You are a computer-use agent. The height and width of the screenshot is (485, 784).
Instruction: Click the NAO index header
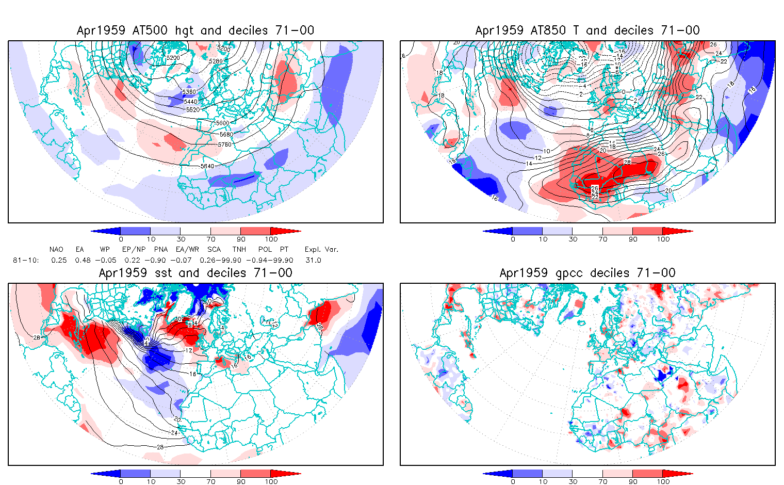tap(56, 249)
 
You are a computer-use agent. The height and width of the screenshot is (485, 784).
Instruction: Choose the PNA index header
tap(161, 249)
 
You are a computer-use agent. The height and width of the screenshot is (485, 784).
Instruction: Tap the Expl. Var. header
tap(322, 249)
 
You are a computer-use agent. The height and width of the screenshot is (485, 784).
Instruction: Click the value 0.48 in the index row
tap(83, 260)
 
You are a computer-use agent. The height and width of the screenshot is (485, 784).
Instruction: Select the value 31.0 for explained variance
tap(313, 260)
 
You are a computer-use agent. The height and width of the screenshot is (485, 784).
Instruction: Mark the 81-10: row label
tap(26, 260)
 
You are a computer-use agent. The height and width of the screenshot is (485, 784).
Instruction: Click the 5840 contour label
tap(206, 166)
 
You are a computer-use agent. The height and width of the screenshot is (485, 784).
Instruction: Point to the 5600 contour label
tap(223, 123)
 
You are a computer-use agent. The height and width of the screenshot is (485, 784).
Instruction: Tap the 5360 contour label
tap(190, 92)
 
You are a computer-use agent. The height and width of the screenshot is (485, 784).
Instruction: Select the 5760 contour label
tap(224, 144)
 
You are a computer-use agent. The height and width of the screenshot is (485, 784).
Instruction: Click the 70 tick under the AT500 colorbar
tap(211, 239)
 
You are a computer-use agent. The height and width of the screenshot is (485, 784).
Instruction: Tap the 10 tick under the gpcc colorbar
tap(543, 481)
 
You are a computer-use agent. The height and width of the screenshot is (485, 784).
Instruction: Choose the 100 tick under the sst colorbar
tap(271, 481)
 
